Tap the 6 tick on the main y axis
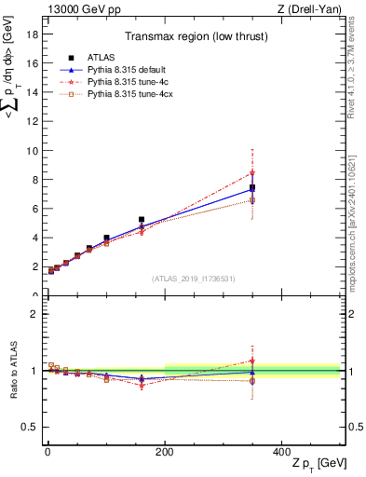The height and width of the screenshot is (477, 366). click(35, 209)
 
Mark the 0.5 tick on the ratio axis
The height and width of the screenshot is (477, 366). click(30, 427)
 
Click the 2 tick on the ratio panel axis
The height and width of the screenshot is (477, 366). click(35, 314)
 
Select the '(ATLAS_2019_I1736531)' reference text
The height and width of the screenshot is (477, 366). click(194, 279)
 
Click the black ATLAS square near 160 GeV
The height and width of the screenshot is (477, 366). click(142, 220)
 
